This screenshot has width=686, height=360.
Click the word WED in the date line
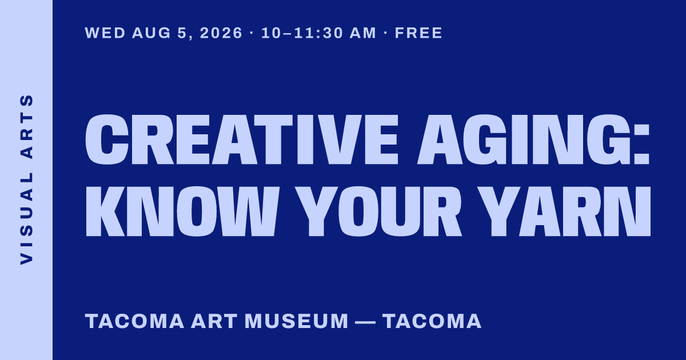pyautogui.click(x=105, y=33)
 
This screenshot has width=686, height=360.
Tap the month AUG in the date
pyautogui.click(x=151, y=33)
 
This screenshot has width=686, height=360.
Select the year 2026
pyautogui.click(x=221, y=33)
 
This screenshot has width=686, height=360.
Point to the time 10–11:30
pyautogui.click(x=302, y=33)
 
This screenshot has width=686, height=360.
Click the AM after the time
pyautogui.click(x=362, y=33)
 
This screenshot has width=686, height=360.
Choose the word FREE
pyautogui.click(x=418, y=33)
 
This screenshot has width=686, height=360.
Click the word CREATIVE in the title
pyautogui.click(x=242, y=139)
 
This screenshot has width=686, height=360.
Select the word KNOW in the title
pyautogui.click(x=182, y=211)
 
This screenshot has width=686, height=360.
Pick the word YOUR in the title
pyautogui.click(x=378, y=211)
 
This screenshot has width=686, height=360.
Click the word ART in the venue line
pyautogui.click(x=214, y=321)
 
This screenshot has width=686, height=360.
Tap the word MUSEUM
pyautogui.click(x=297, y=321)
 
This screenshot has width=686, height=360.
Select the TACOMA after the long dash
pyautogui.click(x=432, y=321)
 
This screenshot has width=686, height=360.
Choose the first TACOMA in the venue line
pyautogui.click(x=134, y=321)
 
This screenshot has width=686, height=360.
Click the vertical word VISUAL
pyautogui.click(x=26, y=218)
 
